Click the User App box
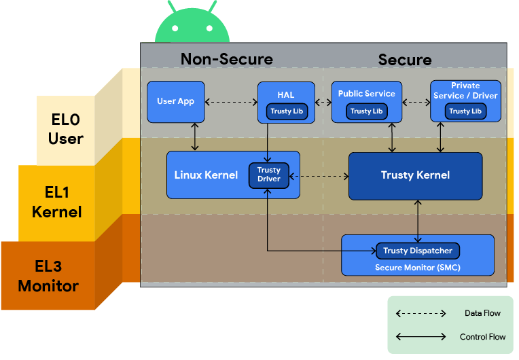pyautogui.click(x=176, y=101)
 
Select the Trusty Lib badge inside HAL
pyautogui.click(x=286, y=111)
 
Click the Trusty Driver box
pyautogui.click(x=269, y=175)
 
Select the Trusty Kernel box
pyautogui.click(x=415, y=175)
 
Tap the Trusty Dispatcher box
pyautogui.click(x=417, y=251)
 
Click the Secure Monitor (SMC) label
pyautogui.click(x=417, y=267)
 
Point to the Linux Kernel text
pyautogui.click(x=206, y=175)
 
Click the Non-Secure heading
pyautogui.click(x=226, y=60)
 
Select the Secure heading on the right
pyautogui.click(x=404, y=60)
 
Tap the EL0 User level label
pyautogui.click(x=66, y=130)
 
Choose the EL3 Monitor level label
pyautogui.click(x=48, y=276)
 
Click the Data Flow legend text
pyautogui.click(x=482, y=313)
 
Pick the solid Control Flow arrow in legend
pyautogui.click(x=421, y=337)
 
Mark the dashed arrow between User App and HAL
pyautogui.click(x=230, y=103)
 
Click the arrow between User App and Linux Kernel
pyautogui.click(x=196, y=137)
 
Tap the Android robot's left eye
pyautogui.click(x=176, y=29)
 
